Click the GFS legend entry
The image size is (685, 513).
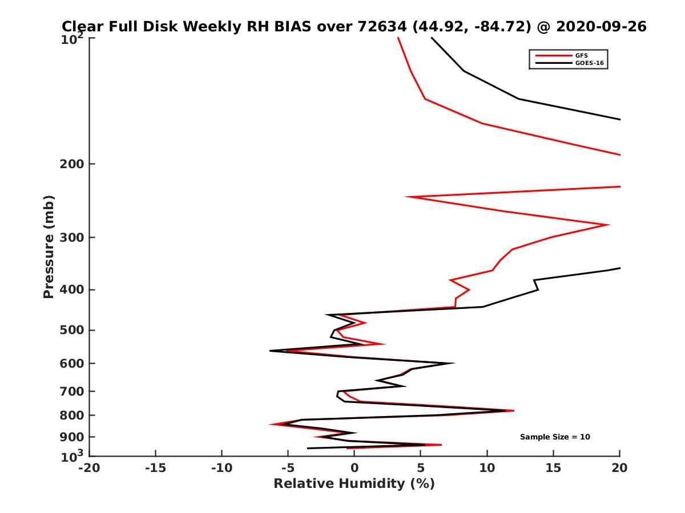[578, 55]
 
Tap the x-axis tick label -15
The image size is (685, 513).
[155, 468]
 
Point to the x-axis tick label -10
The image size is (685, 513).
[221, 468]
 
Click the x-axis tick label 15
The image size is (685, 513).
[553, 468]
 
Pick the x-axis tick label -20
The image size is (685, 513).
[89, 468]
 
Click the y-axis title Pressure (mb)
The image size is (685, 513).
[49, 247]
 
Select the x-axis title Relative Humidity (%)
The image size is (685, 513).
[354, 484]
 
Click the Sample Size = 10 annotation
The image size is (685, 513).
[555, 437]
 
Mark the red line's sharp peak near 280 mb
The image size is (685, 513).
[609, 225]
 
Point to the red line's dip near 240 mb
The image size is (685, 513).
[407, 197]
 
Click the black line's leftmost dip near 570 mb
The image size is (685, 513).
[271, 351]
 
